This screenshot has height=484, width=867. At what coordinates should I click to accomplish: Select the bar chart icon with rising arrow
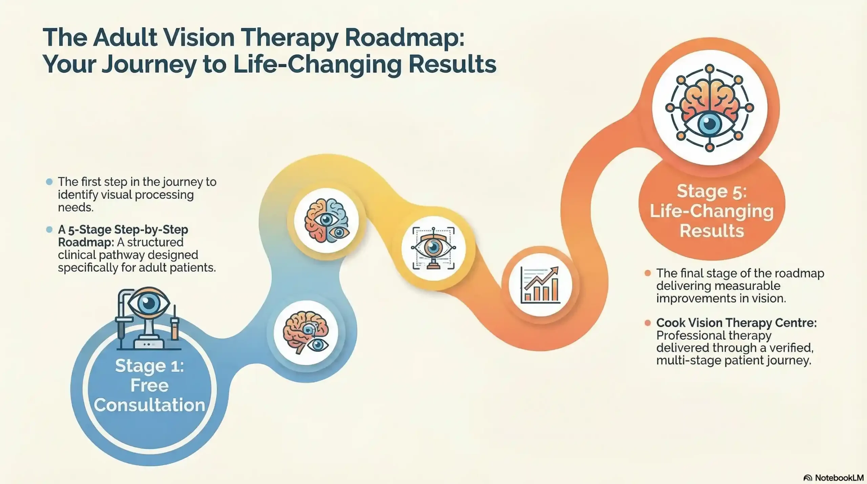coord(540,285)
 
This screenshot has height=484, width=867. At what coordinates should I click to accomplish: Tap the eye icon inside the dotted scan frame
coord(433,248)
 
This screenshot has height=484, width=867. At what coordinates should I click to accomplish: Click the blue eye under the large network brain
coord(710,124)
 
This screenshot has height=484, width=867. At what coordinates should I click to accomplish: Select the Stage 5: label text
coord(712,191)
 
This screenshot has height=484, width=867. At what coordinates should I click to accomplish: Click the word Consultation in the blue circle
coord(149,405)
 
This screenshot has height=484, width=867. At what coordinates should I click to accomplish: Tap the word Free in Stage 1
coord(149,385)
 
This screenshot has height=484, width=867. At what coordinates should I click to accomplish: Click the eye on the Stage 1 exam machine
coord(148,304)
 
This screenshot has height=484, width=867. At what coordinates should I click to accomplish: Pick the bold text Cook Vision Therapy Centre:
coord(736,323)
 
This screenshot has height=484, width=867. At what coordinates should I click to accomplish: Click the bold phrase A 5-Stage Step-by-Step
coord(123,230)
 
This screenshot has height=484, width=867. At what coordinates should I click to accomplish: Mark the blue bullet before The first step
coord(49,182)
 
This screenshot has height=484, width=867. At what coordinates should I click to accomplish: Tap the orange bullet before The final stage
coord(648,273)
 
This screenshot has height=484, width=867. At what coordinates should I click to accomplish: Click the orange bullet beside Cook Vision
coord(648,323)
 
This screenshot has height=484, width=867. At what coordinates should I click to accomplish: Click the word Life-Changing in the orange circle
coord(712,211)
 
